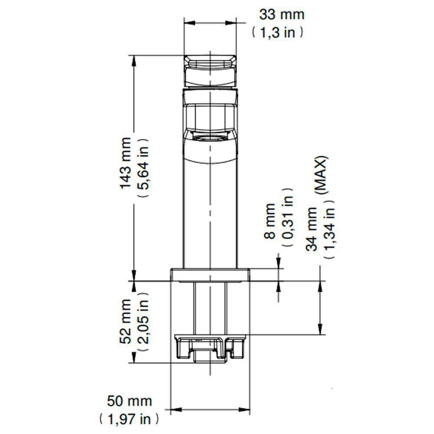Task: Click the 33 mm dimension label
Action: (x=282, y=14)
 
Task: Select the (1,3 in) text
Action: (x=278, y=33)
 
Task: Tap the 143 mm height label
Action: (x=126, y=163)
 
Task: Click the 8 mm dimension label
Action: (x=270, y=221)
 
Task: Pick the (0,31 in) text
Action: (x=287, y=217)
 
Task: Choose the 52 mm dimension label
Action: (x=126, y=321)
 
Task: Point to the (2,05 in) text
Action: (x=144, y=321)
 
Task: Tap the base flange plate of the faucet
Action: (x=210, y=275)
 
